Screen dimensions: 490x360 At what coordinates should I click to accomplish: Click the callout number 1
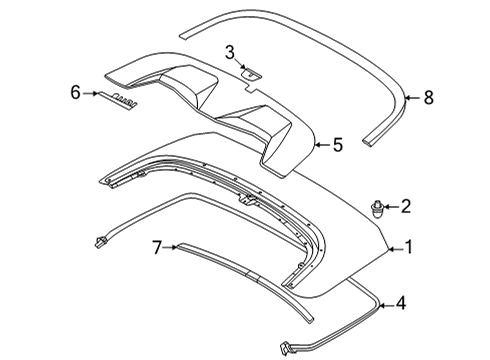408,247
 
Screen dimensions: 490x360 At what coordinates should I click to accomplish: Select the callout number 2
406,207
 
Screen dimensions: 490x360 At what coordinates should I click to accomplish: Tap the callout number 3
230,51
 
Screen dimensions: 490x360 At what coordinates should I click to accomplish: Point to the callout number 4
400,303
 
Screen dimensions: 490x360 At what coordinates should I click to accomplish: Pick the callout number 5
337,145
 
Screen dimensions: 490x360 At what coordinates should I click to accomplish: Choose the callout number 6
74,92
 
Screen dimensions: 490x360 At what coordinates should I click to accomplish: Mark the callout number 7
156,247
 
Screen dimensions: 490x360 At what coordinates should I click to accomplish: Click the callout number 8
428,97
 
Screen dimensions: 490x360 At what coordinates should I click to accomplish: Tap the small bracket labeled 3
251,72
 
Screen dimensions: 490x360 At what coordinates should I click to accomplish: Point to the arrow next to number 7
170,248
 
